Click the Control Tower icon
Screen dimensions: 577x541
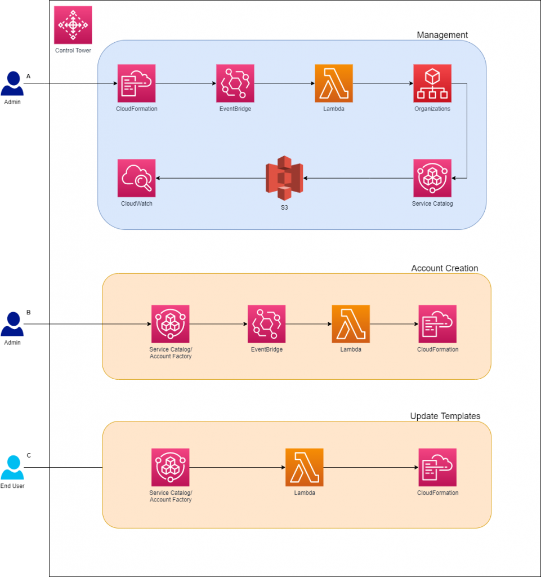73,25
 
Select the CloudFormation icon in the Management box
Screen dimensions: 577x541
136,83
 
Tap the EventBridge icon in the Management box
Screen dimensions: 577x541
235,83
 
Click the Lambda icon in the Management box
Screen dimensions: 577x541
334,83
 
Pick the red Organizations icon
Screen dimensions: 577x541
432,83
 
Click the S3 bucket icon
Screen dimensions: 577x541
284,178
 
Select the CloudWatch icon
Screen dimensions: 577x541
136,178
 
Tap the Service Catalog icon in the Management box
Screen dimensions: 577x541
432,178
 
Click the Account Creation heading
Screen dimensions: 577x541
445,268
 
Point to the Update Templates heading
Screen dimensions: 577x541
445,416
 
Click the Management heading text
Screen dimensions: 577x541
442,35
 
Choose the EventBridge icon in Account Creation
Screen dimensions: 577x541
266,324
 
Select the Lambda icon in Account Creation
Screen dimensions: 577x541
351,324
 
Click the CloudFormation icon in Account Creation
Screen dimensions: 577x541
437,324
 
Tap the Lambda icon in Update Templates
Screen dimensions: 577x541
305,467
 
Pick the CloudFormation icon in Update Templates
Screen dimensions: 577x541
437,467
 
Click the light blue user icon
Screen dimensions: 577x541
12,468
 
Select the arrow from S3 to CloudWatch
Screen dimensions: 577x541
211,178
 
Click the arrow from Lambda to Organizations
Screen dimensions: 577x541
383,83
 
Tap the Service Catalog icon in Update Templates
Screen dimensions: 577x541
171,467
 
